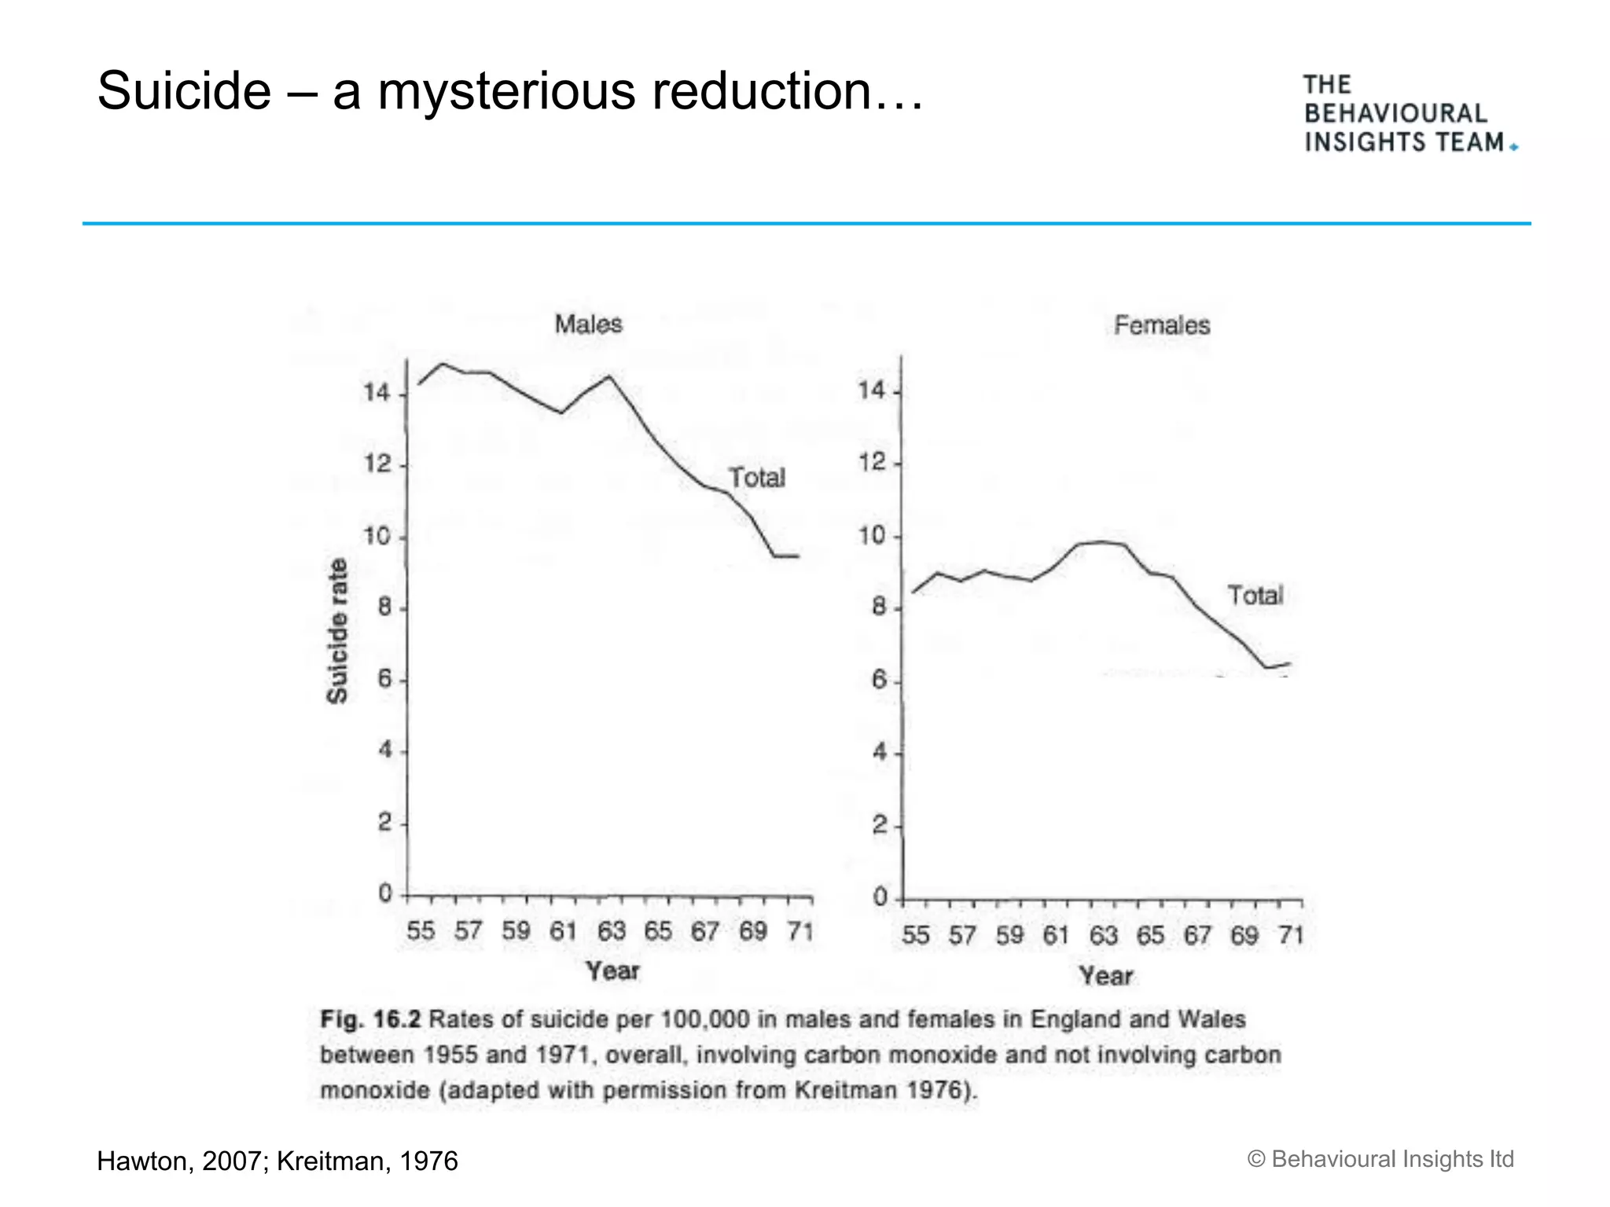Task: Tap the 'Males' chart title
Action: click(x=588, y=324)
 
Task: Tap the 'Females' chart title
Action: click(x=1161, y=325)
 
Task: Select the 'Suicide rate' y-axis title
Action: click(x=337, y=631)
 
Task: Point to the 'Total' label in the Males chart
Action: click(x=756, y=478)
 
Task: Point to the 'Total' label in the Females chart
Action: click(x=1255, y=596)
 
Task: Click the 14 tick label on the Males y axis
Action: click(x=377, y=392)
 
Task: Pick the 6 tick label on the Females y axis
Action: click(x=879, y=680)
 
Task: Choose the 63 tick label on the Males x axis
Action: click(x=611, y=931)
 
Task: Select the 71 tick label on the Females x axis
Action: click(x=1291, y=935)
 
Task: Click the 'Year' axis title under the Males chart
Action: click(x=612, y=971)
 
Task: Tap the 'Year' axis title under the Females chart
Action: click(x=1105, y=976)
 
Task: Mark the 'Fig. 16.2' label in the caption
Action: click(x=370, y=1020)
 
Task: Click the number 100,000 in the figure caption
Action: click(x=705, y=1020)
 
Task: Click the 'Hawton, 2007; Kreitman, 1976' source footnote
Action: click(x=277, y=1161)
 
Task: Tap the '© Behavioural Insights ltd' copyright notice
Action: click(x=1380, y=1159)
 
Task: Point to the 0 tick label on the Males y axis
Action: click(x=385, y=893)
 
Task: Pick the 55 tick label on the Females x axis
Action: click(x=915, y=935)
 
